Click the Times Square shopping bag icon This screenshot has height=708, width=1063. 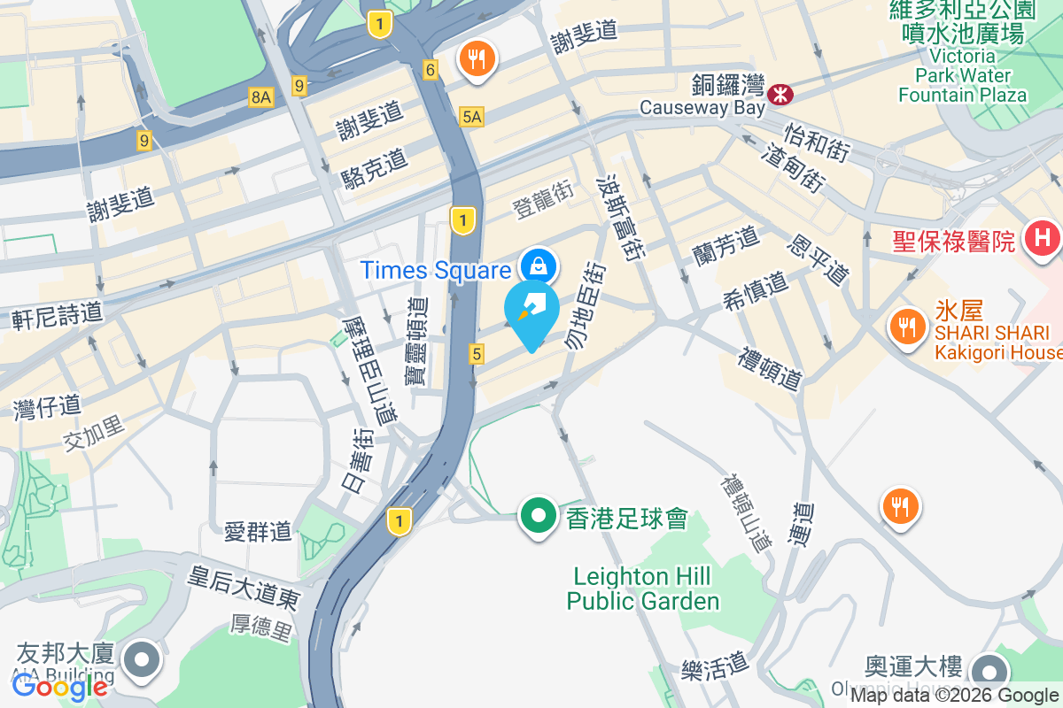(x=538, y=265)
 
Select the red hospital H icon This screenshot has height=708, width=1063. (x=1042, y=238)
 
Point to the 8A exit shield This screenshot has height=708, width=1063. (x=260, y=97)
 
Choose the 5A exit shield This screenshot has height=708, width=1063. (x=472, y=116)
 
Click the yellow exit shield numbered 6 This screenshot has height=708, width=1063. (x=431, y=70)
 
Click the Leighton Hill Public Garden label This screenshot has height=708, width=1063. (x=642, y=589)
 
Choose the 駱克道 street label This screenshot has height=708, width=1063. (x=375, y=169)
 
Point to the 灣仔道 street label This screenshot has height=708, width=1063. (x=48, y=408)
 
